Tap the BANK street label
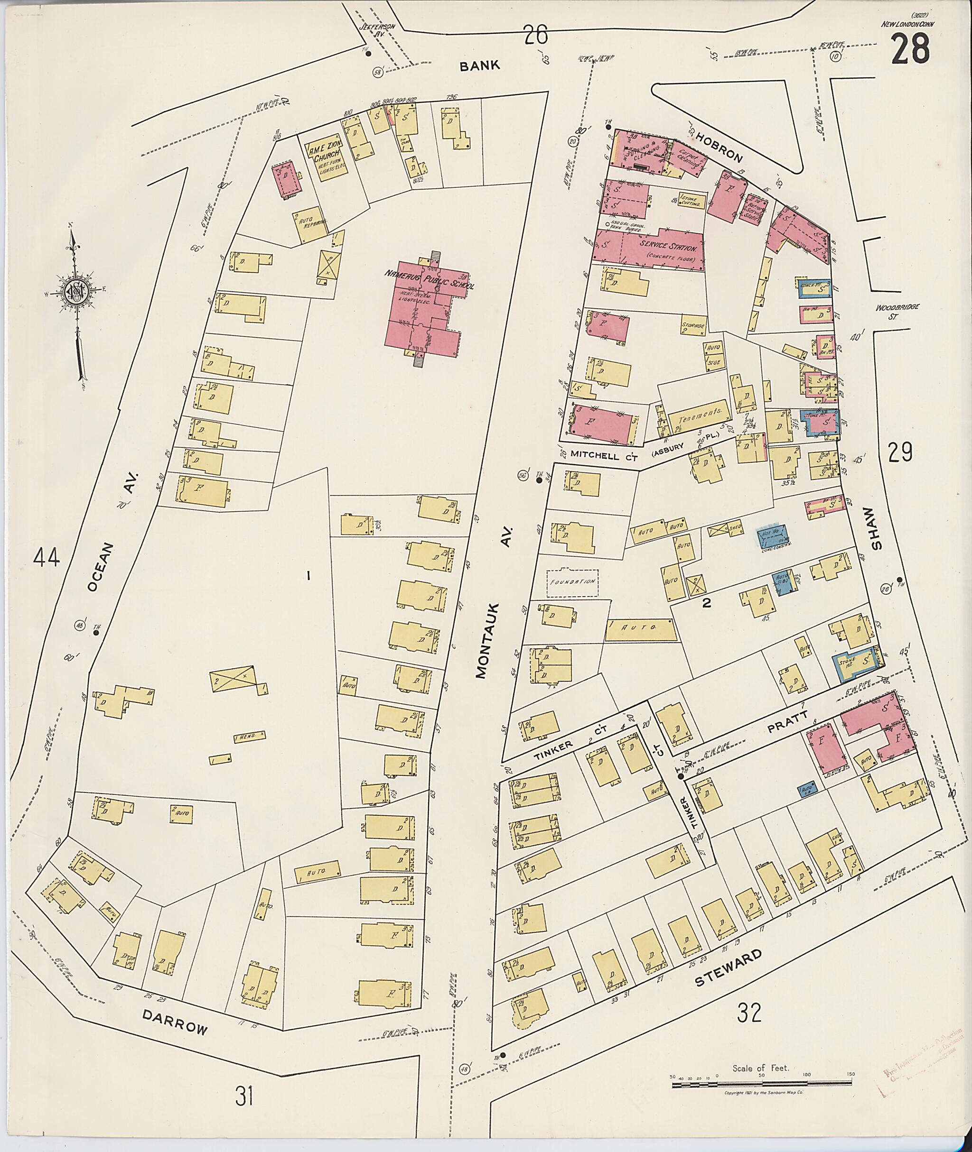480,65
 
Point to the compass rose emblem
76,292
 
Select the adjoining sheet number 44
47,558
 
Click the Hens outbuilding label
249,737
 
